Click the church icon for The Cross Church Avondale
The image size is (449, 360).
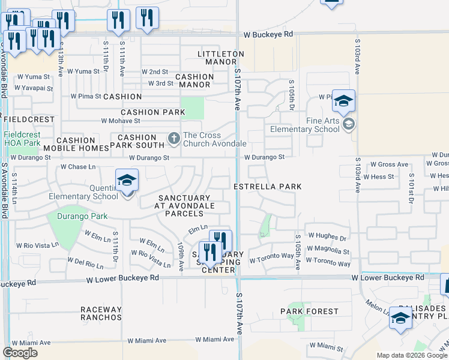coord(174,139)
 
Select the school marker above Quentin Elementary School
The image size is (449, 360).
coord(127,181)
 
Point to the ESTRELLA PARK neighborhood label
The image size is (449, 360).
coord(268,187)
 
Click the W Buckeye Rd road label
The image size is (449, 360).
coord(268,35)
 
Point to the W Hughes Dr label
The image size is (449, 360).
coord(327,238)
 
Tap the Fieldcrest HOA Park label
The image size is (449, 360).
coord(22,139)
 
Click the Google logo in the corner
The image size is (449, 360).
coord(20,353)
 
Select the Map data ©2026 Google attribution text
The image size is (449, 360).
coord(412,355)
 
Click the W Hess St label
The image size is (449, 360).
coord(382,177)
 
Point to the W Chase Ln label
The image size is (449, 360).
coord(78,167)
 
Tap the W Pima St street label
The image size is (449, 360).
coord(86,95)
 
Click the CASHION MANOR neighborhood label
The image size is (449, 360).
coord(194,81)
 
